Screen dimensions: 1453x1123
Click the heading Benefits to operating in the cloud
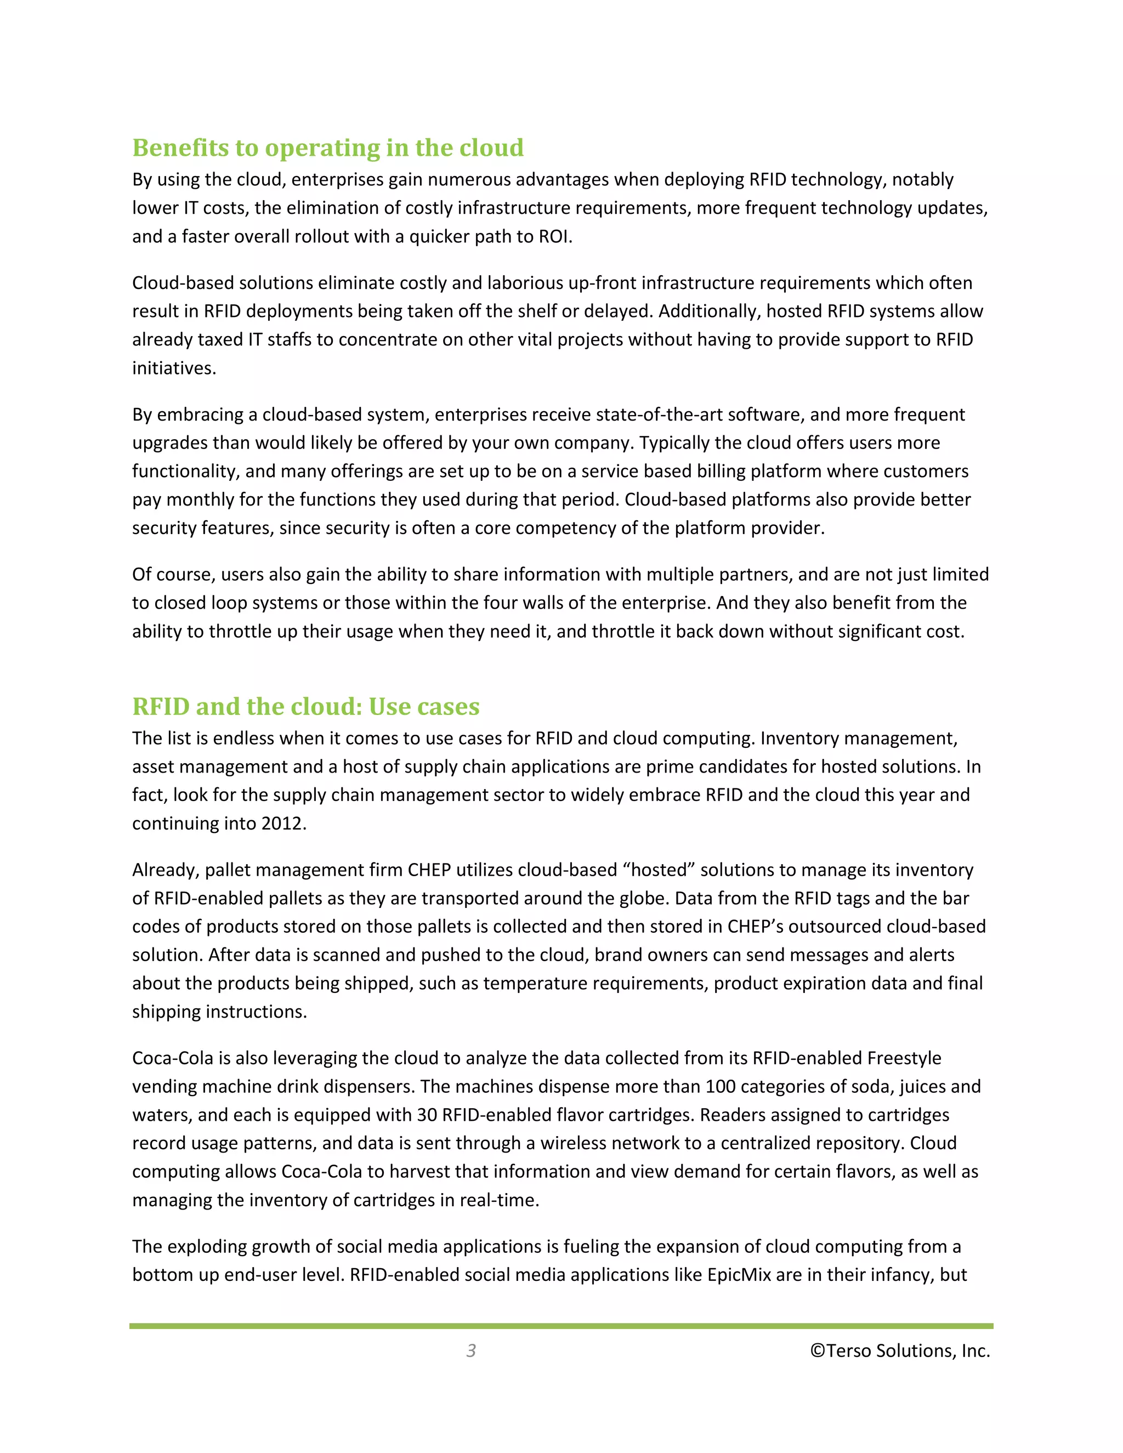coord(327,147)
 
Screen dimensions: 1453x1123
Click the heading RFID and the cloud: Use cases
coord(305,707)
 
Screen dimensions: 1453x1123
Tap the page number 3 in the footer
coord(471,1350)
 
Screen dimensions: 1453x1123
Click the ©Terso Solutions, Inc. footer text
coord(899,1350)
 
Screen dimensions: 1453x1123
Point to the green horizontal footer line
coord(561,1326)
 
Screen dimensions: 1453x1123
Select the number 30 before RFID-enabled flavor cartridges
coord(427,1115)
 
